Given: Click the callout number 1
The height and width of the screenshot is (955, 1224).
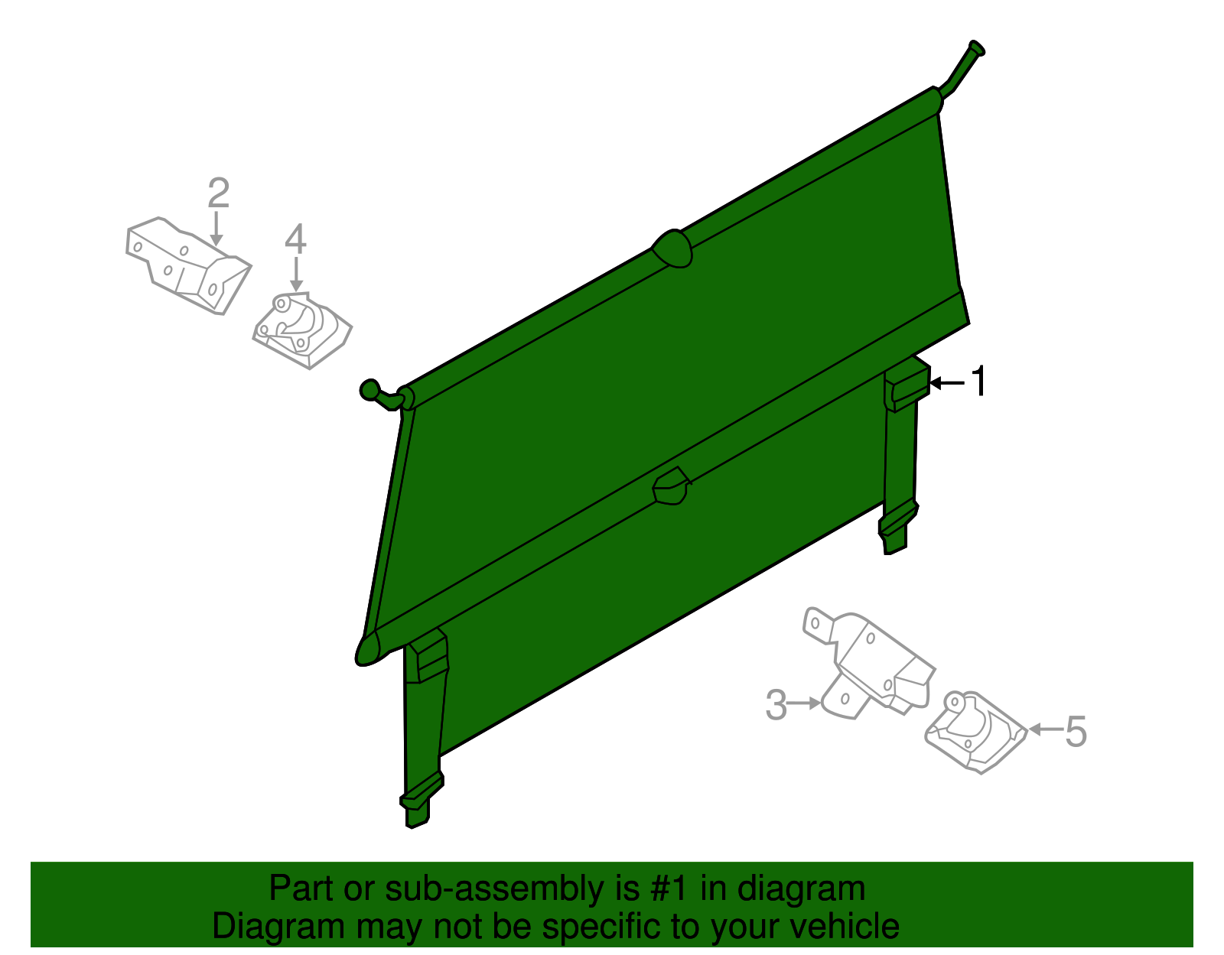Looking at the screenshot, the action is point(979,381).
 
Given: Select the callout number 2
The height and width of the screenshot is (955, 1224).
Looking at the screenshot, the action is point(219,193).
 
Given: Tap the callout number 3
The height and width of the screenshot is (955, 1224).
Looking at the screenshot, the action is point(776,704).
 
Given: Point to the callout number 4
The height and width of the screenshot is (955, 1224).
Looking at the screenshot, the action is point(295,239).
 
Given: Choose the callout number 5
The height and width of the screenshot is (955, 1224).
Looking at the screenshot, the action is point(1076,732).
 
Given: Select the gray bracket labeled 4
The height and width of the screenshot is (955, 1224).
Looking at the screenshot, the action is point(302,330).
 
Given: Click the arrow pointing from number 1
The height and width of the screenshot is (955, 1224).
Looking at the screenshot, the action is point(947,383).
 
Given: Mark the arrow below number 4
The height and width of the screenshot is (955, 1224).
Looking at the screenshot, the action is point(296,274).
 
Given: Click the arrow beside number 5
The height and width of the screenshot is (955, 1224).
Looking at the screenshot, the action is point(1046,730).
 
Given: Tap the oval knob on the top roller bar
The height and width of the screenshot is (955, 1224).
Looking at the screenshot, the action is point(672,248).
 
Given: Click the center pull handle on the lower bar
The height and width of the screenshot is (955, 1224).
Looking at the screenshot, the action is point(672,486).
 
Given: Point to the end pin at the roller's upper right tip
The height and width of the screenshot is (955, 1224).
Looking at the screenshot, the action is point(976,48).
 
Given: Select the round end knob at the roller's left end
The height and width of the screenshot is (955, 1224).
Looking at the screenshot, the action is point(369,390).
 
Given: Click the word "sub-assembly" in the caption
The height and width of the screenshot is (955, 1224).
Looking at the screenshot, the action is point(512,889).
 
